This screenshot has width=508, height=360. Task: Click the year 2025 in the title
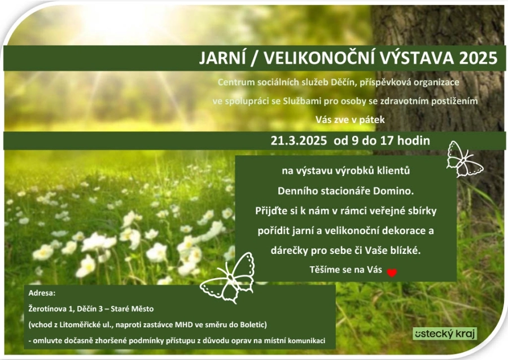click(478, 58)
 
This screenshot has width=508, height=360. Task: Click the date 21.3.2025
click(299, 141)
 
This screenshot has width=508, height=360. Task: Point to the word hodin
click(414, 141)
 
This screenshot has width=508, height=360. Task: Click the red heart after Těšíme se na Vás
click(392, 273)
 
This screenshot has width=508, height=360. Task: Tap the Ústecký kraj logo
click(445, 333)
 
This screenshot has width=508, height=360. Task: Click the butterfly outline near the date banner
click(464, 159)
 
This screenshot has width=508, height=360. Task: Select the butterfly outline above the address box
click(228, 278)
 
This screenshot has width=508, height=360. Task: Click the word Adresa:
click(42, 293)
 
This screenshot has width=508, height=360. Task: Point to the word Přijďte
click(271, 211)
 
